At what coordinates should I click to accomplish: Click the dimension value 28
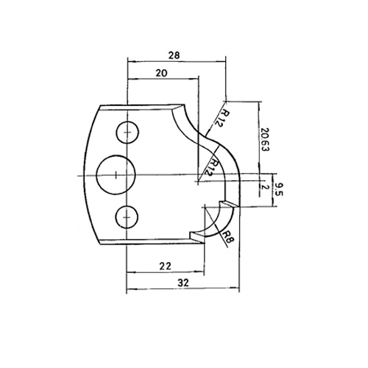pyautogui.click(x=174, y=55)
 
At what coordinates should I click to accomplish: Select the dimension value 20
pyautogui.click(x=161, y=73)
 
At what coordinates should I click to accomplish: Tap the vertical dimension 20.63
pyautogui.click(x=265, y=139)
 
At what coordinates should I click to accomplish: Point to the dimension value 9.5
pyautogui.click(x=279, y=189)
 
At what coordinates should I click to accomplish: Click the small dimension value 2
pyautogui.click(x=265, y=187)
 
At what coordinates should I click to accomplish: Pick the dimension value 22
pyautogui.click(x=165, y=266)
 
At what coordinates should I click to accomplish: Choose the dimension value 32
pyautogui.click(x=183, y=283)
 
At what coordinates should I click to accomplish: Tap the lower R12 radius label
pyautogui.click(x=211, y=168)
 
